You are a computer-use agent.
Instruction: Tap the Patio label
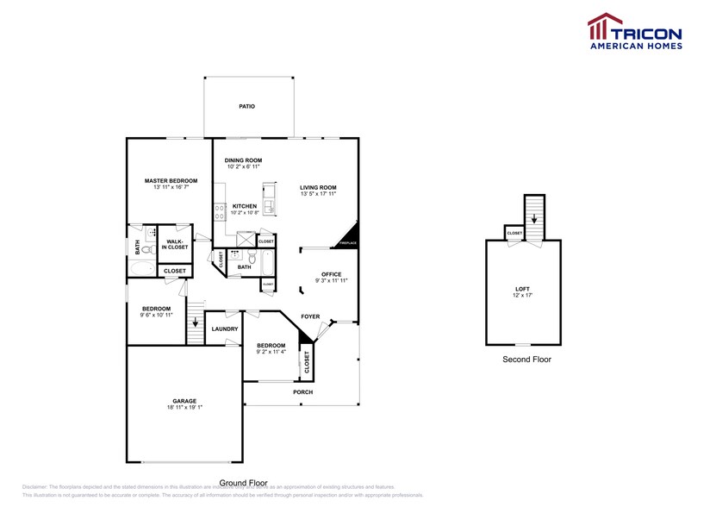click(x=246, y=106)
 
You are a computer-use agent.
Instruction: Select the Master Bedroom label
click(x=171, y=180)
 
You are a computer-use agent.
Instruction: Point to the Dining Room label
click(x=243, y=160)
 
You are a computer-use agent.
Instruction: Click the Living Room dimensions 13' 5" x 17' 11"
click(x=318, y=194)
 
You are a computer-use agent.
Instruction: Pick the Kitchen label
click(x=245, y=206)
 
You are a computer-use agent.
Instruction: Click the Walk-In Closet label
click(x=177, y=244)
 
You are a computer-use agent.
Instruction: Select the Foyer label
click(x=310, y=316)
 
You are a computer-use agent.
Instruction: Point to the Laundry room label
click(x=225, y=329)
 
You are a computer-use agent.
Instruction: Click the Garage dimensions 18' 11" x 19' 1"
click(x=184, y=408)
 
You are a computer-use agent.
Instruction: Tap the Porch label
click(x=302, y=392)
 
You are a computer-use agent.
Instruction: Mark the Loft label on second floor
click(x=523, y=289)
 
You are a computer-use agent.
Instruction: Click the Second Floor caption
click(x=526, y=359)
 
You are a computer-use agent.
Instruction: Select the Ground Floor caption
click(x=243, y=483)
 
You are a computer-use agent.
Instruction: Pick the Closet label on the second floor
click(x=514, y=234)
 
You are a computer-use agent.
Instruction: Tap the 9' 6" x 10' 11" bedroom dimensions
click(x=157, y=315)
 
